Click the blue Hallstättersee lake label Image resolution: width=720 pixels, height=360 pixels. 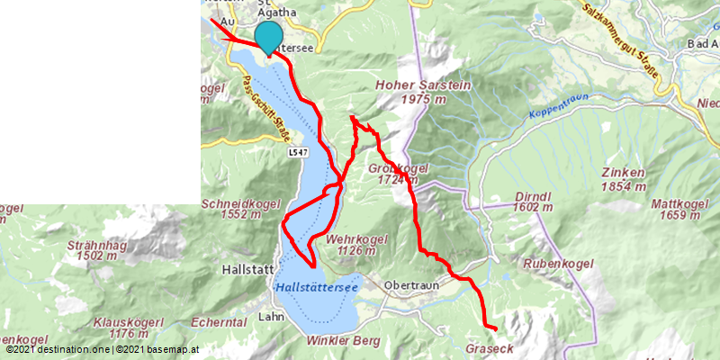(x=316, y=286)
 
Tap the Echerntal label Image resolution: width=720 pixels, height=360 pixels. (x=219, y=321)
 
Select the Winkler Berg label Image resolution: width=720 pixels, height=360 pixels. (x=344, y=340)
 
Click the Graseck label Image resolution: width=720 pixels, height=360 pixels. (x=490, y=347)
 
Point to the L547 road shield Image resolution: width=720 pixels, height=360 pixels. (x=301, y=154)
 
